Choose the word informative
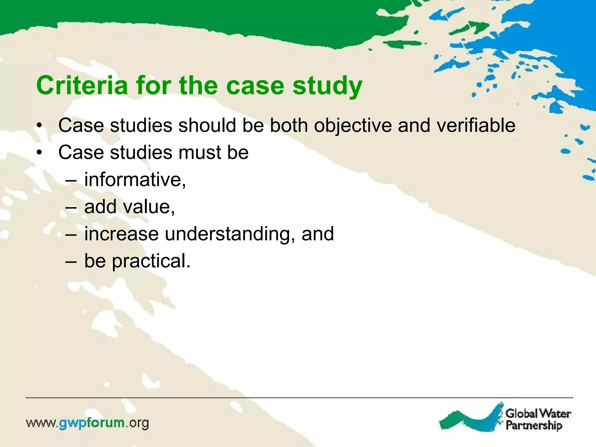[135, 180]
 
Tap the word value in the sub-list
[149, 207]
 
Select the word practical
[151, 261]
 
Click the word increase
[121, 234]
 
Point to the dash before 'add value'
[71, 207]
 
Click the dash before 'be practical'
[71, 262]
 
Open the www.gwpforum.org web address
[87, 423]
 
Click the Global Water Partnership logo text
[538, 419]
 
